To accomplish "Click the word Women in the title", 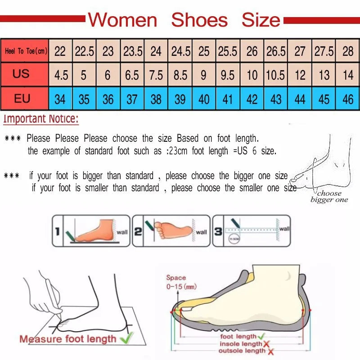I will (122, 20).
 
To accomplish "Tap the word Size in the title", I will (261, 20).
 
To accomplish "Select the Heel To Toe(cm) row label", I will (26, 51).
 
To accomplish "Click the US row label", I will (21, 74).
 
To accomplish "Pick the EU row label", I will (22, 99).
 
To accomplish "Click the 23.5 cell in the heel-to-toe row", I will (132, 51).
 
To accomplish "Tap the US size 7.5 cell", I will (156, 75).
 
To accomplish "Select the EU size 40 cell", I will (204, 99).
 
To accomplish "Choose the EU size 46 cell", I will (348, 99).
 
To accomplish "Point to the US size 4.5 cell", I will (61, 75).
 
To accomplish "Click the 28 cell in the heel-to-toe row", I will (348, 51).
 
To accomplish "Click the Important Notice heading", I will (41, 119).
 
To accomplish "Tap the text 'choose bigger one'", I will (329, 197).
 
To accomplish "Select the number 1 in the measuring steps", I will (58, 232).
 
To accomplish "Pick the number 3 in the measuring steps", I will (218, 232).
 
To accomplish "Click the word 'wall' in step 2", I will (201, 232).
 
